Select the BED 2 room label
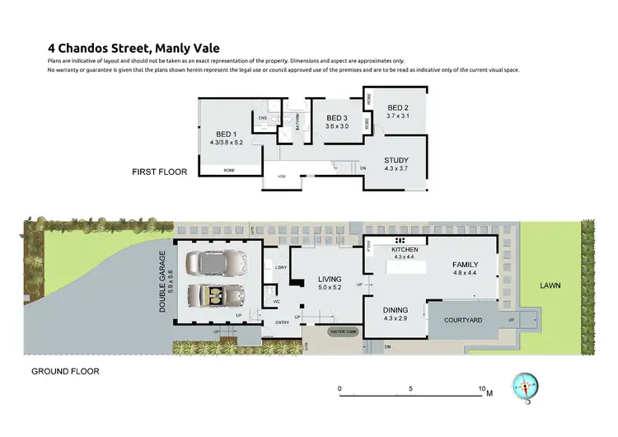pos(398,108)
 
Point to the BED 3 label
pos(335,118)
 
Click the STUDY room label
pos(396,161)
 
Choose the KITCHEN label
pos(405,249)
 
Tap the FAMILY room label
pos(465,265)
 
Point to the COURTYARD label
pos(462,321)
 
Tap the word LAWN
pos(550,285)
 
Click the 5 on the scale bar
pos(410,388)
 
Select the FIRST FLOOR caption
pos(160,172)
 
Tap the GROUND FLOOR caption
pos(65,371)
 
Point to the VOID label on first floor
pos(281,176)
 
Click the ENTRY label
pos(281,322)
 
